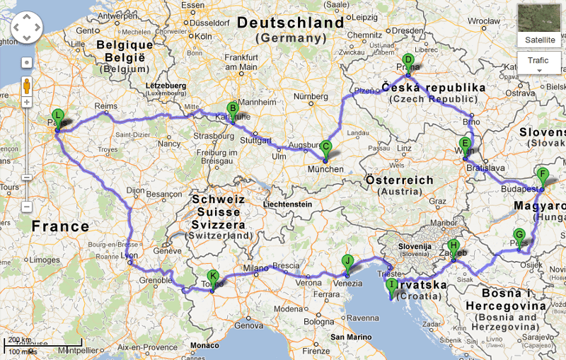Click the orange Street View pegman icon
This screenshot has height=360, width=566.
[27, 86]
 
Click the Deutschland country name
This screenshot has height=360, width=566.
[290, 23]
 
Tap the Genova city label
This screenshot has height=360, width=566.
[248, 326]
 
